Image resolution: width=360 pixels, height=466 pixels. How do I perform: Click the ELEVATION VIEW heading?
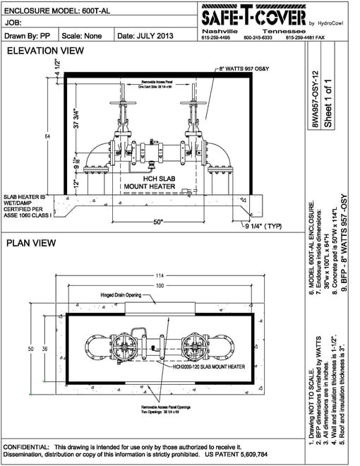[x=45, y=51]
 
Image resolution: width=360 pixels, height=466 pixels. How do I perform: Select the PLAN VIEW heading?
[x=31, y=243]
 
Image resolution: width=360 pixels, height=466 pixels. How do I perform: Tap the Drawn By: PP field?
[x=26, y=34]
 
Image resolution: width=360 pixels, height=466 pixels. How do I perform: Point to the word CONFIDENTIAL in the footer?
[x=25, y=448]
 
